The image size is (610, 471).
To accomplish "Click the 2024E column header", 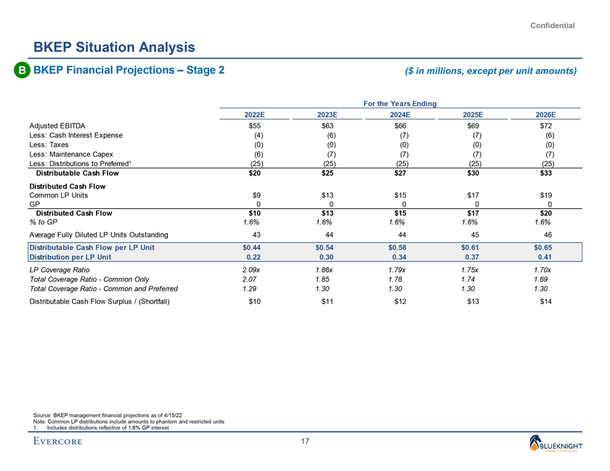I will pyautogui.click(x=400, y=115).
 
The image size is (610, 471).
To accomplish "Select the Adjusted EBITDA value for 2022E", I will pyautogui.click(x=255, y=126).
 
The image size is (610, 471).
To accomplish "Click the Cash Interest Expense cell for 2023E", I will pyautogui.click(x=328, y=135).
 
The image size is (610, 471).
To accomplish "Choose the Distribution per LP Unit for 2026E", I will pyautogui.click(x=545, y=257).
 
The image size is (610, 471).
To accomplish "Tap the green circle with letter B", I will pyautogui.click(x=21, y=70).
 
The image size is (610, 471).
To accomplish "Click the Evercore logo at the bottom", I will pyautogui.click(x=64, y=443).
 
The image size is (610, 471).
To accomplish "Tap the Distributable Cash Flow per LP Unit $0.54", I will pyautogui.click(x=328, y=247).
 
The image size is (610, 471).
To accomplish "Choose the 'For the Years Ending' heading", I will pyautogui.click(x=400, y=104).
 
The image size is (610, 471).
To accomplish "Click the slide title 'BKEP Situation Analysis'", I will pyautogui.click(x=114, y=47).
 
